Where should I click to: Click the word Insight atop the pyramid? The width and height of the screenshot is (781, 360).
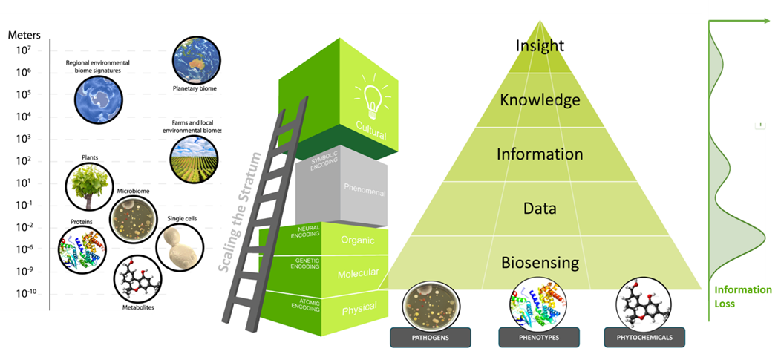(540, 45)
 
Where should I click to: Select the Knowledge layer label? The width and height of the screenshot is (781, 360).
(540, 99)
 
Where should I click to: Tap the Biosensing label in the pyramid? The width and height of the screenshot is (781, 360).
(540, 263)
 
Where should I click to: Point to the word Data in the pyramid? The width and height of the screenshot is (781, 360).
(540, 209)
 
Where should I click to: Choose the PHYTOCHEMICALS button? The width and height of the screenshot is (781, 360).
(644, 338)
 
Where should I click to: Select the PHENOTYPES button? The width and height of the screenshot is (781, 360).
(539, 338)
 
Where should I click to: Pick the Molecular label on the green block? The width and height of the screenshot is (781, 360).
(359, 274)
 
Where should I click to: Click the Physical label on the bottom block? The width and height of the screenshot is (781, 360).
(359, 307)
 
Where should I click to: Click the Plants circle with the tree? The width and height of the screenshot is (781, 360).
(88, 186)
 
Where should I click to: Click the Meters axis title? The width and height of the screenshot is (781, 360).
(24, 35)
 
